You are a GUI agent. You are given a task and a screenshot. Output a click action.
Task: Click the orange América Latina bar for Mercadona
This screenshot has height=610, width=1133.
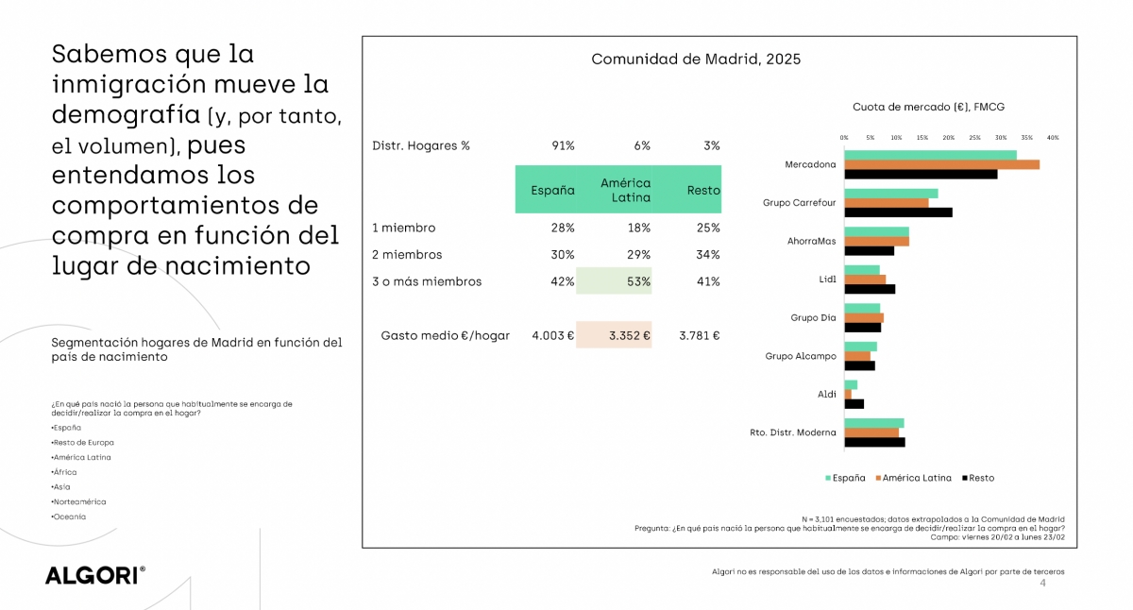tap(941, 164)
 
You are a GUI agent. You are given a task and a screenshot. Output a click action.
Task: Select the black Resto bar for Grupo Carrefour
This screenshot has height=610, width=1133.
tap(898, 212)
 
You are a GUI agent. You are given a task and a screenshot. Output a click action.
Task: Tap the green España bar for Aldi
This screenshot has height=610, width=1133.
tap(851, 384)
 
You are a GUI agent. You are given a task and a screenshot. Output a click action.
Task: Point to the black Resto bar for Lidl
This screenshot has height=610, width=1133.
tap(870, 289)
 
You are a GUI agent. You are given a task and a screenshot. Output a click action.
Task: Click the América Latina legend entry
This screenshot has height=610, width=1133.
tap(915, 478)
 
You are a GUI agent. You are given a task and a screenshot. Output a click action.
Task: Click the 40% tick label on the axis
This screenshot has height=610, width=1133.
tap(1053, 138)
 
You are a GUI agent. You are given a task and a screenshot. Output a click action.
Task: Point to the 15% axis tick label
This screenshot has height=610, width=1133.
tap(922, 138)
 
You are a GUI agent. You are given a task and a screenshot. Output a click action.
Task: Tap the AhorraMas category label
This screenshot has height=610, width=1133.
tap(811, 241)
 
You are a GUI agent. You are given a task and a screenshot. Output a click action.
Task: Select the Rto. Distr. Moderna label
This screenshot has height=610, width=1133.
tap(793, 432)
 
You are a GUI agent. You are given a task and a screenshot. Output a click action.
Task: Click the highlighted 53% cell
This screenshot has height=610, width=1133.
tap(614, 281)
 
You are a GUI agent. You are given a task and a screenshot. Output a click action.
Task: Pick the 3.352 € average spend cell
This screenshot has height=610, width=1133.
tap(614, 335)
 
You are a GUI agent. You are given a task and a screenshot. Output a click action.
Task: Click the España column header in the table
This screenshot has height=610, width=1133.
tap(552, 190)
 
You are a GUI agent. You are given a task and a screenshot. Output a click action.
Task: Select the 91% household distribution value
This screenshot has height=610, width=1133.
tap(563, 145)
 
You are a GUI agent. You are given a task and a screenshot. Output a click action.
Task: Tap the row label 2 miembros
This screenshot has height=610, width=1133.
tap(407, 255)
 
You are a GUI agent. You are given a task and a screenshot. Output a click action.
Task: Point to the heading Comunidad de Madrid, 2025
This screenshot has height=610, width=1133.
tap(696, 59)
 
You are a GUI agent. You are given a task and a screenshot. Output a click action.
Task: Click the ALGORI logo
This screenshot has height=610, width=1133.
tap(94, 576)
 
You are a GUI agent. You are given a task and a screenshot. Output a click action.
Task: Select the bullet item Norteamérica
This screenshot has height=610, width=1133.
tap(79, 501)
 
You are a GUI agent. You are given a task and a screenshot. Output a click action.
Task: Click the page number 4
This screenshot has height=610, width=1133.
tap(1042, 584)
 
